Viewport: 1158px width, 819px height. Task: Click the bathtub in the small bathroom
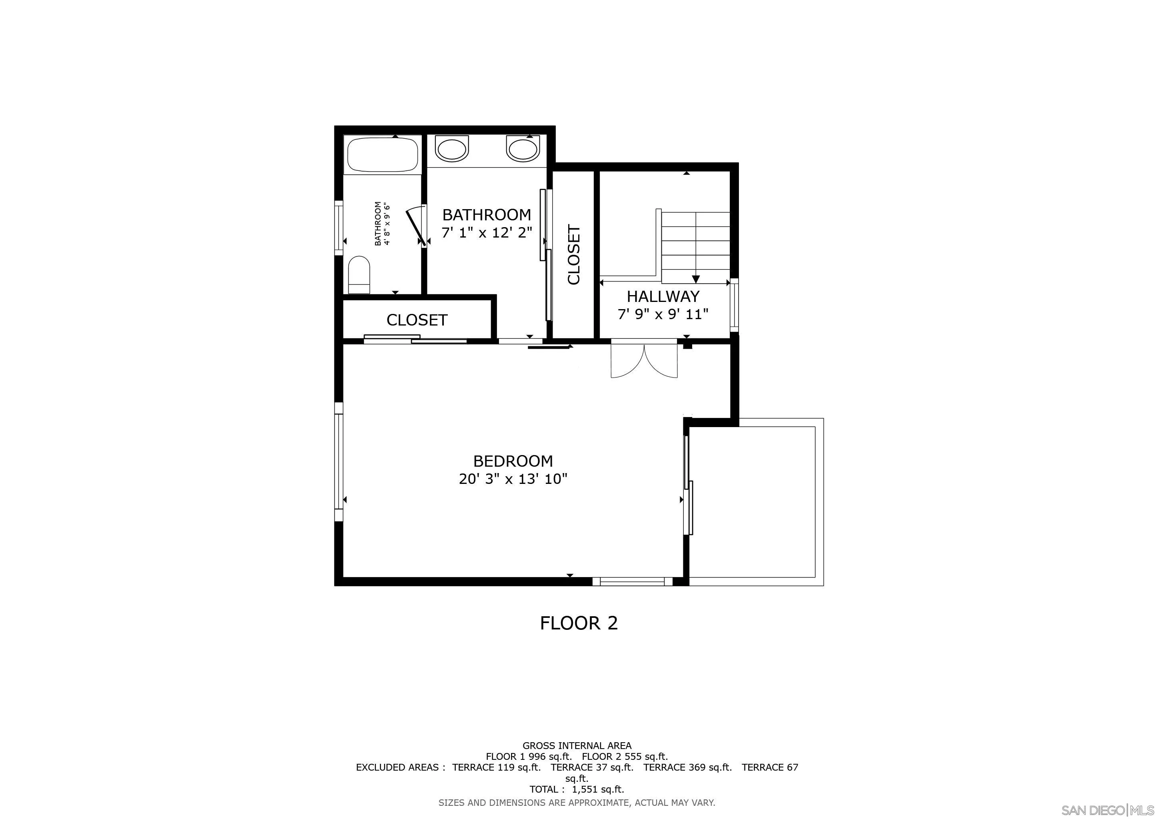tap(383, 155)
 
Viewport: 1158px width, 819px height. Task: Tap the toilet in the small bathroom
tap(359, 274)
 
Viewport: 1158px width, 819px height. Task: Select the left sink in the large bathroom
tap(451, 149)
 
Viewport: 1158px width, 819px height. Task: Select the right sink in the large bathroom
tap(523, 149)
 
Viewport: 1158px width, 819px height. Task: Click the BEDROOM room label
tap(513, 461)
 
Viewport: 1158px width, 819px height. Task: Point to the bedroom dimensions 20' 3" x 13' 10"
tap(513, 479)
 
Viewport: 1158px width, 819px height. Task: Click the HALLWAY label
tap(663, 296)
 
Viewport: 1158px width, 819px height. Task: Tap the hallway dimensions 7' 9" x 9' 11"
tap(663, 314)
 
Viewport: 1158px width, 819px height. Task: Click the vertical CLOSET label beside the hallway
tap(574, 255)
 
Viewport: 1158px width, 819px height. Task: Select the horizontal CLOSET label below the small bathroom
tap(417, 320)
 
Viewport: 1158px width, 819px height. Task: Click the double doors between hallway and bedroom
tap(644, 361)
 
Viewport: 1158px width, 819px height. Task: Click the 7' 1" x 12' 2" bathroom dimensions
tap(487, 233)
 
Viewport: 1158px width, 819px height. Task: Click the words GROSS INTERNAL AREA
tap(577, 745)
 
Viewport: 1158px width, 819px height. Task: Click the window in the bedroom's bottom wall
tap(633, 581)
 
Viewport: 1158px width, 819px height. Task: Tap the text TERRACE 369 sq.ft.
tap(687, 767)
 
